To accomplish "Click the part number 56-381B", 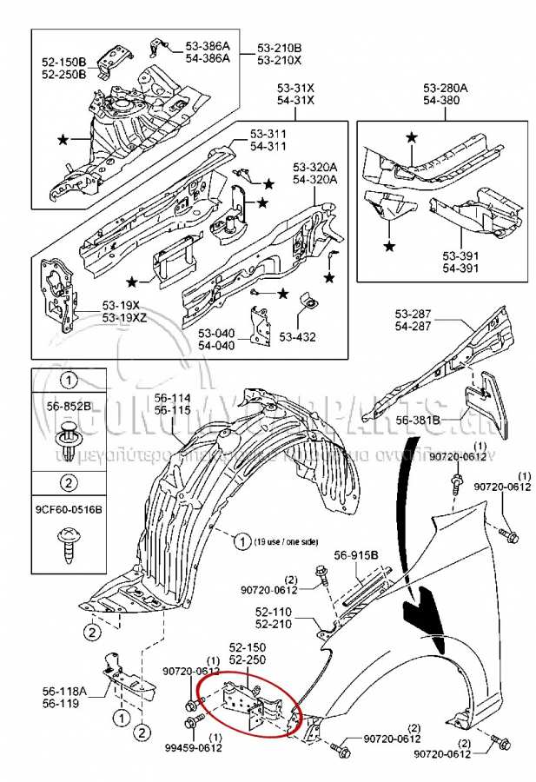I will (419, 421).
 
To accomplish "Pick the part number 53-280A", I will (446, 88).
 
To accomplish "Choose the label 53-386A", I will (208, 46).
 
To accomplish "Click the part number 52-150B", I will (64, 62).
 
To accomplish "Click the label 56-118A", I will (64, 692).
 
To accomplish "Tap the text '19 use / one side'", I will (287, 540).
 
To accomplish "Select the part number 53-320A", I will (314, 167).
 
